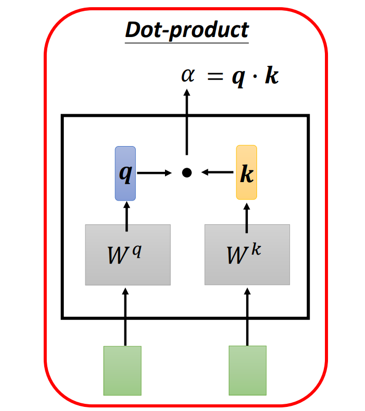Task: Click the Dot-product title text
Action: [187, 30]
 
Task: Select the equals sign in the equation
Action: [216, 77]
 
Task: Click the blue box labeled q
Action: [125, 173]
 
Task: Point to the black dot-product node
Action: [187, 173]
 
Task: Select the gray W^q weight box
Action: [127, 255]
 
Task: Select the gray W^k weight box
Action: [247, 255]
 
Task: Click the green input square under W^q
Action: [122, 370]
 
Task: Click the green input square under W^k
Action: [247, 370]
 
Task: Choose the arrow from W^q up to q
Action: [125, 213]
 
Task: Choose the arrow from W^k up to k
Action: [247, 213]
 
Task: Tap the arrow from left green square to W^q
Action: [124, 316]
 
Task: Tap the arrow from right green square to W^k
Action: [247, 316]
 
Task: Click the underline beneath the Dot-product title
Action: [187, 42]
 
